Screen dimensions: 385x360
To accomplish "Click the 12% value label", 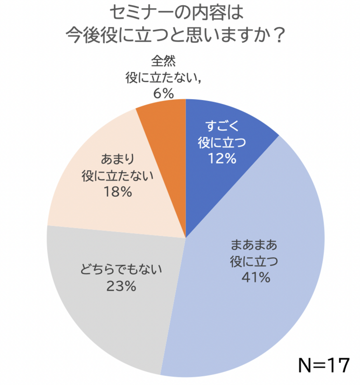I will pos(222,157).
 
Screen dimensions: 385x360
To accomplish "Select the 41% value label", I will pos(255,278).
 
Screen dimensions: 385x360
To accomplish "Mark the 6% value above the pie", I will pos(163,92).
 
